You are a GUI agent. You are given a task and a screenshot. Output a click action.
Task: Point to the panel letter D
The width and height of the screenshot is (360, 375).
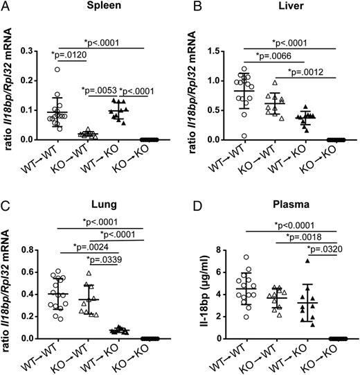click(x=189, y=200)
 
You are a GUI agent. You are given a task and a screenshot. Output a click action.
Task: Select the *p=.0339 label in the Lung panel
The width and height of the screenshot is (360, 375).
click(x=110, y=262)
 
